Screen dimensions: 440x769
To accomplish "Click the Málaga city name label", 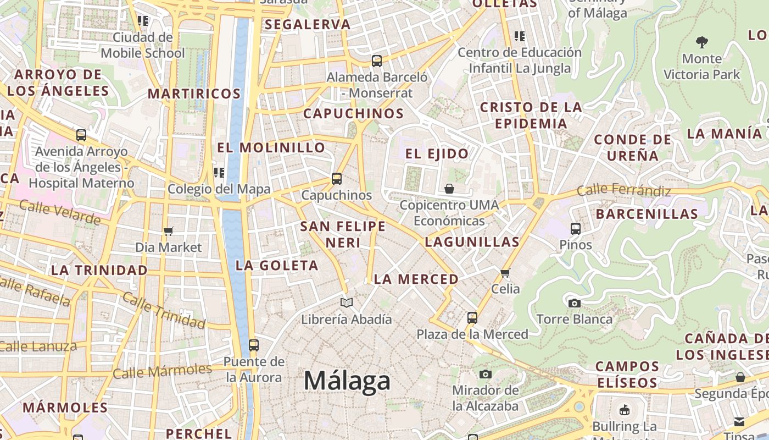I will tap(347, 381).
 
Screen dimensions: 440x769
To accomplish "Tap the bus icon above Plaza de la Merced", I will tap(472, 317).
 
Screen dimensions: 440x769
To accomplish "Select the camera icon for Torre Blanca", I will tap(574, 303).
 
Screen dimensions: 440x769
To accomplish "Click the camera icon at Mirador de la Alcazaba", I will tap(485, 375).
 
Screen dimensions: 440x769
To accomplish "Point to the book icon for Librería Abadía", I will tap(347, 302).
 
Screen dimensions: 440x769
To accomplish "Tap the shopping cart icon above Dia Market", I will tap(169, 231).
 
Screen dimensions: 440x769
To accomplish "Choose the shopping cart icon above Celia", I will tap(505, 272).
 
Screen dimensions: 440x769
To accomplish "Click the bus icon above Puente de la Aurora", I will tap(253, 345).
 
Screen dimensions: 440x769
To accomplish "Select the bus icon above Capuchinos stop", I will tap(337, 179).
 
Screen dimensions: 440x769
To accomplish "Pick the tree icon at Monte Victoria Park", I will tap(701, 42).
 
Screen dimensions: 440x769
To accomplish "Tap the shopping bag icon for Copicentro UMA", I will tap(449, 189).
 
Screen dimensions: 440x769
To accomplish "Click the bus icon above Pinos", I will tap(576, 228).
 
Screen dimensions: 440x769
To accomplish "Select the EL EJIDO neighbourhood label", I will tap(437, 153).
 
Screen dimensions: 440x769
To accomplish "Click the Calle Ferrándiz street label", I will tap(624, 191).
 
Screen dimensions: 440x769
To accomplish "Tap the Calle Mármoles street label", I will tap(162, 371).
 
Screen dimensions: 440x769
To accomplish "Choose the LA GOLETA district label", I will tap(277, 266).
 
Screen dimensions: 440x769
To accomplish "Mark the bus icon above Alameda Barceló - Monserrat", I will tap(377, 61).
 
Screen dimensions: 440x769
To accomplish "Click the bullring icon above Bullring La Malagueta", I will tap(624, 410).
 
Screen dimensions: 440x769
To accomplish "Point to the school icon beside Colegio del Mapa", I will tap(219, 173).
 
